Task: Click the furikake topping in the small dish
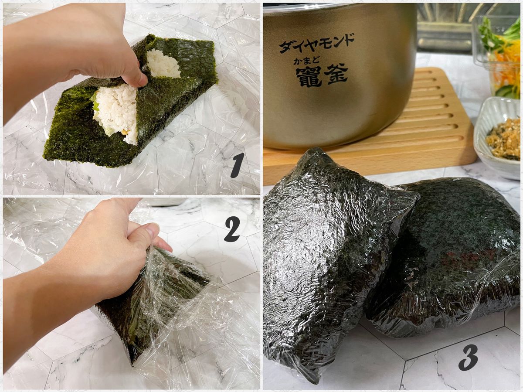tap(504, 138)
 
